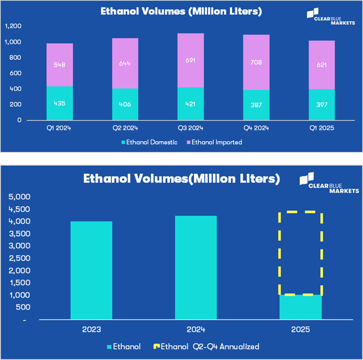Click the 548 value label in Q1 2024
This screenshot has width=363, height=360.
pyautogui.click(x=59, y=65)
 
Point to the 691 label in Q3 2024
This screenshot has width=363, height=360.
pyautogui.click(x=190, y=60)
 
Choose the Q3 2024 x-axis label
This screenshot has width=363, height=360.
pyautogui.click(x=190, y=128)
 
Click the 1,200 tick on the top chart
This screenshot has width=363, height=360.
pyautogui.click(x=13, y=27)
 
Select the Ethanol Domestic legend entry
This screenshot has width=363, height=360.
pyautogui.click(x=150, y=142)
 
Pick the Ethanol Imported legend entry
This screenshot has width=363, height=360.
pyautogui.click(x=213, y=142)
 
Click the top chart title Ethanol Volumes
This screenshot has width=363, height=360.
pyautogui.click(x=181, y=11)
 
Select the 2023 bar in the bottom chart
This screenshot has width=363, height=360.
pyautogui.click(x=92, y=270)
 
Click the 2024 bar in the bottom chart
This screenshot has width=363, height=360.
pyautogui.click(x=196, y=268)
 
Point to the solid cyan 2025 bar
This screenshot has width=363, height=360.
pyautogui.click(x=300, y=307)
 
